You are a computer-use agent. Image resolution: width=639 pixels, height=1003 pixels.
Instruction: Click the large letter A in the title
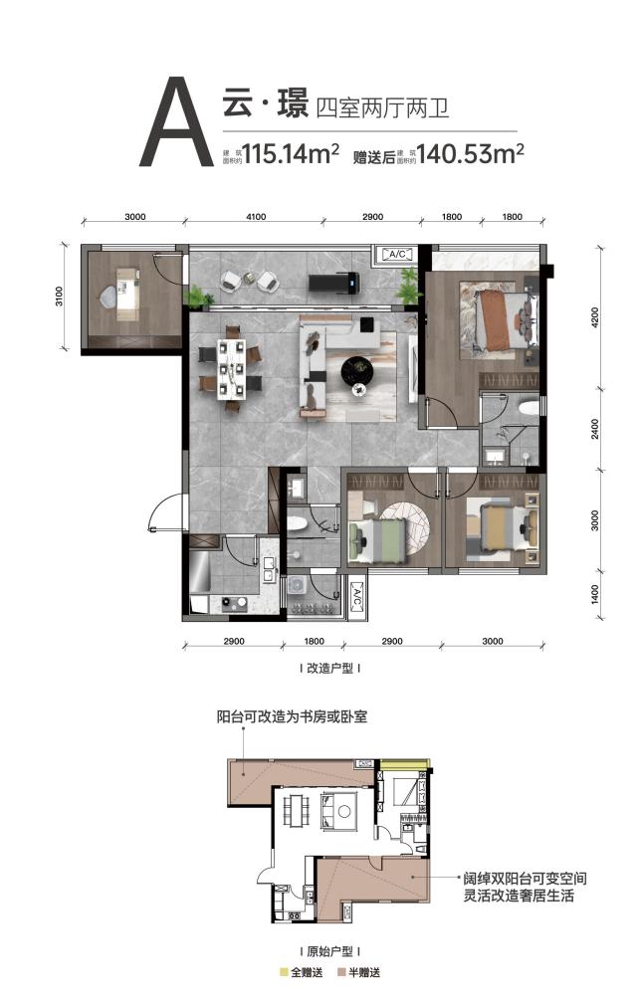176,121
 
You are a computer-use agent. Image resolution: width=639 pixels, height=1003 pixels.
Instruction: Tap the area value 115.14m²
291,154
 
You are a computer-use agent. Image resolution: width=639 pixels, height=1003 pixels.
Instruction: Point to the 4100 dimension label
255,216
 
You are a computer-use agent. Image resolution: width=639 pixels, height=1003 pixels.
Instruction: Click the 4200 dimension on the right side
595,317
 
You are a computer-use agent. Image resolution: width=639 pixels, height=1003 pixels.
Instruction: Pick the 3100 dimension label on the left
60,296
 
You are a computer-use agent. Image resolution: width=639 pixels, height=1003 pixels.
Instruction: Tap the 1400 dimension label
595,595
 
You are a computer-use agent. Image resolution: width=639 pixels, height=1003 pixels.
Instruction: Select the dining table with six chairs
231,368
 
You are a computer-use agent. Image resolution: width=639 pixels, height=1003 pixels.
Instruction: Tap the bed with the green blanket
378,541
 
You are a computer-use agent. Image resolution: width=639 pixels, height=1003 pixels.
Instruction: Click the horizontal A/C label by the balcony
397,254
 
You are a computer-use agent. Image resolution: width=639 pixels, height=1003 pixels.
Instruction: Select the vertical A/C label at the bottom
357,597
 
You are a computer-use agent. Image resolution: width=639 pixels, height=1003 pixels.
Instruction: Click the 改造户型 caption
329,669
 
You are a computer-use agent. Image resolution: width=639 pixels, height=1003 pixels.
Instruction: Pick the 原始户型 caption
329,951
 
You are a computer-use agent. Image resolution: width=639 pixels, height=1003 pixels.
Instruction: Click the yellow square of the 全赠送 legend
284,973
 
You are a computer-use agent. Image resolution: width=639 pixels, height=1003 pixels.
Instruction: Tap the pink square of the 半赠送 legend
341,973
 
